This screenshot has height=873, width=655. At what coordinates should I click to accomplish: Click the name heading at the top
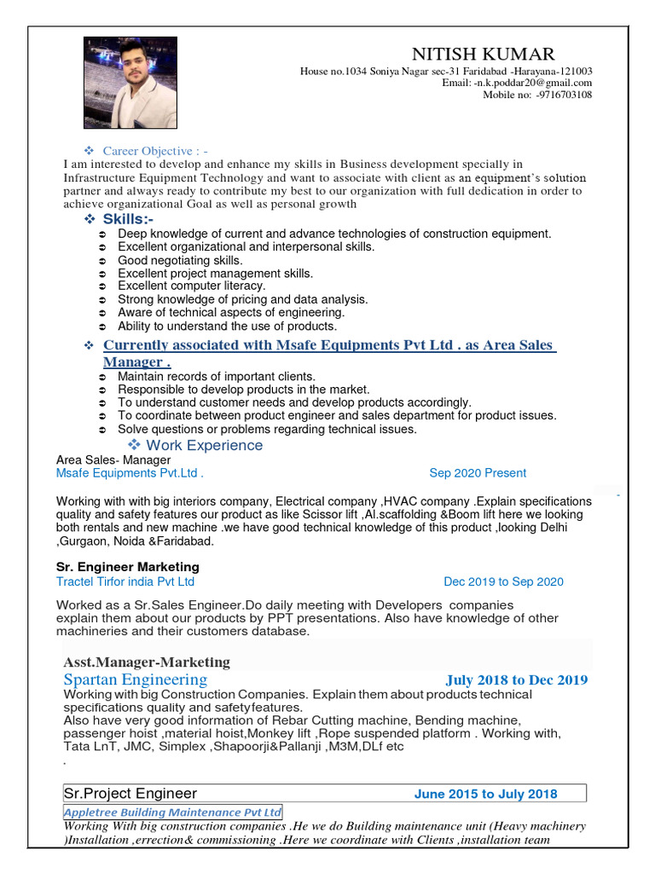483,54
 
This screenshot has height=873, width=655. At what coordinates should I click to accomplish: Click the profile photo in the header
130,83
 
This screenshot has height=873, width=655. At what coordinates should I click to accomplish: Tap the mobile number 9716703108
564,95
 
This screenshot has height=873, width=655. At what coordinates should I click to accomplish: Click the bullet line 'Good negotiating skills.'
180,260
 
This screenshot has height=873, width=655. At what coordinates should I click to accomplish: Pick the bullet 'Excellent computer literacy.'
192,286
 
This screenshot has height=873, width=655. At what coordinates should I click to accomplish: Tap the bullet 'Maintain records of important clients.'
217,376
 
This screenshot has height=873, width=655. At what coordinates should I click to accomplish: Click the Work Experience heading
205,445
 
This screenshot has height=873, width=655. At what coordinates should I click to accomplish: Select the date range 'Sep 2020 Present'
478,473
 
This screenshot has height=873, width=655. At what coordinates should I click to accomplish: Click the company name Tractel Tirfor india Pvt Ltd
125,581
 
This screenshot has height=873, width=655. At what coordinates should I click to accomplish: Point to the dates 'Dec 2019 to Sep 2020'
503,582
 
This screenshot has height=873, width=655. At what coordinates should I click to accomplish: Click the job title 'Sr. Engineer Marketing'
128,567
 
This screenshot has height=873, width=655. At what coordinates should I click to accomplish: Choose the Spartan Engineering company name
135,679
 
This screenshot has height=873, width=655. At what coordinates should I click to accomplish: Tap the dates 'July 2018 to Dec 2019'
516,680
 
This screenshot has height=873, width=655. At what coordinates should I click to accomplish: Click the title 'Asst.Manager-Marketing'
147,662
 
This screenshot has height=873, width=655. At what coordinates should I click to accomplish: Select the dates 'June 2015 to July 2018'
485,795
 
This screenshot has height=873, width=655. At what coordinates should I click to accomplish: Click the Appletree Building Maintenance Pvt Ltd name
173,812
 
